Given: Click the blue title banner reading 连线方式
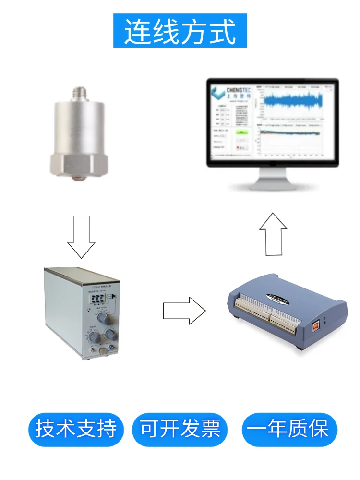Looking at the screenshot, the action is point(180,31).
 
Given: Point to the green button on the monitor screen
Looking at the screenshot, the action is point(242,131).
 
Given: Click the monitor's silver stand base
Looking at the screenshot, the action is point(273,185).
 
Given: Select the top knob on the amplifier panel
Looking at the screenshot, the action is point(102,318).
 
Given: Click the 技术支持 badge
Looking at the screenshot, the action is point(76,429).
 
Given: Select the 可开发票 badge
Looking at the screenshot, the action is point(180,429).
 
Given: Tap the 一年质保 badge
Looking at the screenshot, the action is point(289,429).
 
